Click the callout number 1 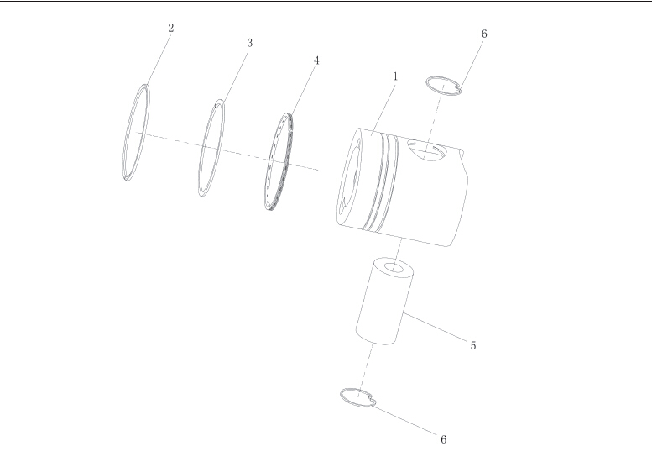(395, 76)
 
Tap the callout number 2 (171, 29)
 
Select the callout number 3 (249, 43)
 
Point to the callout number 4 (316, 60)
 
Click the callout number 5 (473, 345)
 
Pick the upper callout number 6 (484, 34)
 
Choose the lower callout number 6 (443, 439)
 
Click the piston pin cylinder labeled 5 (384, 302)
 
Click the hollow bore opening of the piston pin (393, 267)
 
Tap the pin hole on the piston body (425, 149)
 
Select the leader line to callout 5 (435, 327)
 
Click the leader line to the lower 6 (404, 420)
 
